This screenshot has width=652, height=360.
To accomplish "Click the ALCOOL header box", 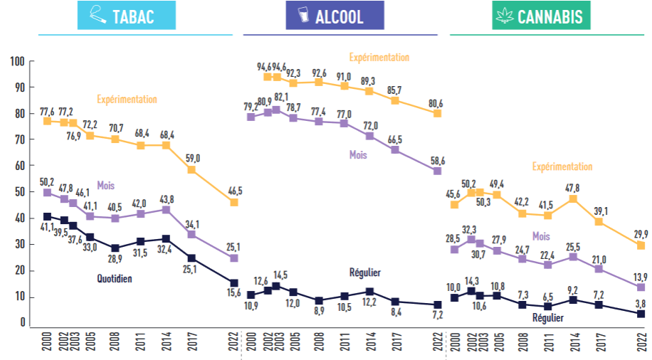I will pos(335,16).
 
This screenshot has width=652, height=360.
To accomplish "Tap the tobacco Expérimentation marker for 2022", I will pos(233,203).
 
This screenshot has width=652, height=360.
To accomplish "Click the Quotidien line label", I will pos(115,279).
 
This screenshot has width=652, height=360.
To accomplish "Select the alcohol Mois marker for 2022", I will pos(437,171).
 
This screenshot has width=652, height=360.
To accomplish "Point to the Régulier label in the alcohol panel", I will pos(364,272).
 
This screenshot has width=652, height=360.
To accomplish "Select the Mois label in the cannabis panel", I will pos(542,236).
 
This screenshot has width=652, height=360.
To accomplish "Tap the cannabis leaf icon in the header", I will pos(505,16).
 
